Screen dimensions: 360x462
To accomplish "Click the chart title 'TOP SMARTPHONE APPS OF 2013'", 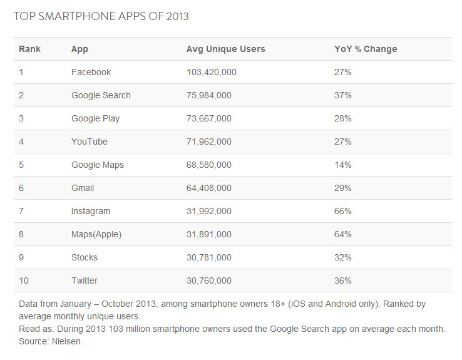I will click(101, 16).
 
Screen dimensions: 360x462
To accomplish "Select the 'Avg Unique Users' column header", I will click(225, 49).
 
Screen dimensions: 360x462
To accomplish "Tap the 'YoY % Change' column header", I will click(366, 49).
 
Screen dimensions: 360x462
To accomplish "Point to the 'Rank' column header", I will click(29, 49).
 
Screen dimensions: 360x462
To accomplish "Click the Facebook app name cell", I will click(91, 72).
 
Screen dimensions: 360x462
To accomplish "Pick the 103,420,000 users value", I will click(212, 72).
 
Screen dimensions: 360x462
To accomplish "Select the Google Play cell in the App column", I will click(95, 118).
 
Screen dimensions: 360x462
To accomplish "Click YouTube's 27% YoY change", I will click(342, 141).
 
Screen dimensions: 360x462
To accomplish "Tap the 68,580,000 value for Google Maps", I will click(209, 165).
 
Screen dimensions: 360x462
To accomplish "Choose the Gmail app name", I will click(83, 188).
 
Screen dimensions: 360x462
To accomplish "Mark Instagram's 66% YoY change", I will click(342, 211).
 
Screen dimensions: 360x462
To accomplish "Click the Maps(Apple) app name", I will click(96, 234).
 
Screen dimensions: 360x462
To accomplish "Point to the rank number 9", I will click(21, 257).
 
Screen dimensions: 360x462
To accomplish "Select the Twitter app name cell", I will click(85, 280).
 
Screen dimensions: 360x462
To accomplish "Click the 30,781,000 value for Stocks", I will click(209, 257).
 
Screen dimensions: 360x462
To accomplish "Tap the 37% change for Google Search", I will click(342, 95).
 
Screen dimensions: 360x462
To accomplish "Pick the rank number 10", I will click(24, 280).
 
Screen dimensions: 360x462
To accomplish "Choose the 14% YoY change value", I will click(342, 165).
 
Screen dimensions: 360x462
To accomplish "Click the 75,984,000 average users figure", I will click(209, 95).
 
